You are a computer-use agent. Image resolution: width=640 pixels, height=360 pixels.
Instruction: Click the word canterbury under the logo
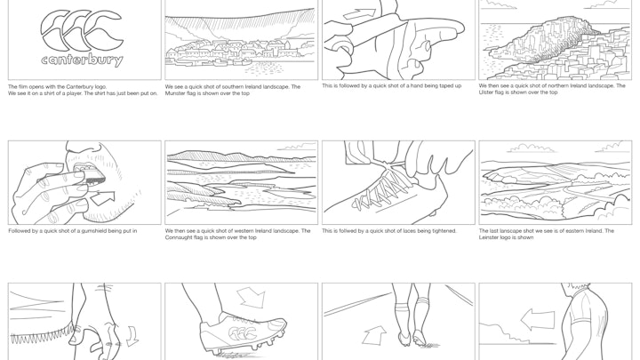82,60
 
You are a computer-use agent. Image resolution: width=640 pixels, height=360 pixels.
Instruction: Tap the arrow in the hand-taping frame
359,14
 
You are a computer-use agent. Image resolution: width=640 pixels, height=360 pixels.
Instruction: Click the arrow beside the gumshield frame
102,198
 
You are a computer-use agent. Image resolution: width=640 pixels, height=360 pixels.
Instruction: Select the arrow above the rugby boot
251,297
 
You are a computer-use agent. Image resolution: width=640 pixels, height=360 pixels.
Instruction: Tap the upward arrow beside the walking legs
373,335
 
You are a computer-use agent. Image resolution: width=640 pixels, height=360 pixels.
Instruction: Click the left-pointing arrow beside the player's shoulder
538,319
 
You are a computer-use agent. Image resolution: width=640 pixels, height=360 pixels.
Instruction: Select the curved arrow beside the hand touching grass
133,336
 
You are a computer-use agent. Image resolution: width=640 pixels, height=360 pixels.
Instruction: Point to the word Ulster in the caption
486,92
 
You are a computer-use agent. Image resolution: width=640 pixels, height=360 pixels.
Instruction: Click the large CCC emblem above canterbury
82,30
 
